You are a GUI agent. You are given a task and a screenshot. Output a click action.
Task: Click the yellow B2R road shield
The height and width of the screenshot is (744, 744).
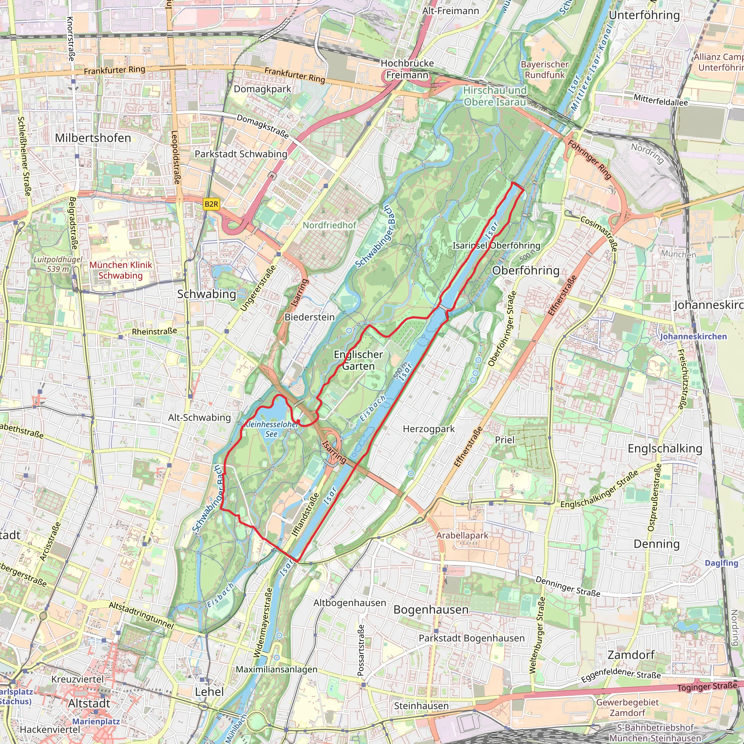pos(211,204)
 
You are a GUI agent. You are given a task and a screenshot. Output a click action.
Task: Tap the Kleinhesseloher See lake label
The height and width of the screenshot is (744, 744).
pos(271,429)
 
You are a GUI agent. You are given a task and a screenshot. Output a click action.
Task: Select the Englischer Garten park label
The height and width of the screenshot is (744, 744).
pos(358,360)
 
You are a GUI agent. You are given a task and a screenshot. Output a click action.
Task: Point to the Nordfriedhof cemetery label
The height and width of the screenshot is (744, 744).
pos(329,225)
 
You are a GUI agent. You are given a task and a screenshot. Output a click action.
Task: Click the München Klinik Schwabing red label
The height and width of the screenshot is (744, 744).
pos(121,270)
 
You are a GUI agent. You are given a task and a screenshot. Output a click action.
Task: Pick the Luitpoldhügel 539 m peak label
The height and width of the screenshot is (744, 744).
pos(58,264)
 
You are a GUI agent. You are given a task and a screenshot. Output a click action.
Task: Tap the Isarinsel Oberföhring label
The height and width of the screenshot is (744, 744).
pos(496,246)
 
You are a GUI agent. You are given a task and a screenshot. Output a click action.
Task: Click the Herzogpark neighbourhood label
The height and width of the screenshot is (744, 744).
pos(429,429)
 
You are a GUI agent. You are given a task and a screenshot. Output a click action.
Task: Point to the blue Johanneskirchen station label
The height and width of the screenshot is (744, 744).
pos(694,336)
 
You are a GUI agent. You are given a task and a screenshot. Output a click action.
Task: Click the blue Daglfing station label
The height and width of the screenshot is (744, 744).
pos(721,563)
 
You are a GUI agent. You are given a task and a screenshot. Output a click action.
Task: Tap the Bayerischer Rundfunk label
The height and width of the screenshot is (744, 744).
pos(545,70)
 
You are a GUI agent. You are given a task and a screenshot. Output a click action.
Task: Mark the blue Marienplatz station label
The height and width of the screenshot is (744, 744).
pos(96,721)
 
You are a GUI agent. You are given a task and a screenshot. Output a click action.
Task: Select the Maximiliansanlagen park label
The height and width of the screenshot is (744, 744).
pos(276,669)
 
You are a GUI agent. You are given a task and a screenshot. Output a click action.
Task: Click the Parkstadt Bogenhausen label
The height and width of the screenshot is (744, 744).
pos(471,638)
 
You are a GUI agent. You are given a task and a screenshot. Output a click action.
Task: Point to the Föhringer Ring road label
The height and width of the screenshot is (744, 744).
pos(590,160)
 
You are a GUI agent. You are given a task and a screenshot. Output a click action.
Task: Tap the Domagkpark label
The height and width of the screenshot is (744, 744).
pos(263,89)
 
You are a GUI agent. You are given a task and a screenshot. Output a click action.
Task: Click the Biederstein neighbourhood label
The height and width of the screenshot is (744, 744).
pos(310,317)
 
